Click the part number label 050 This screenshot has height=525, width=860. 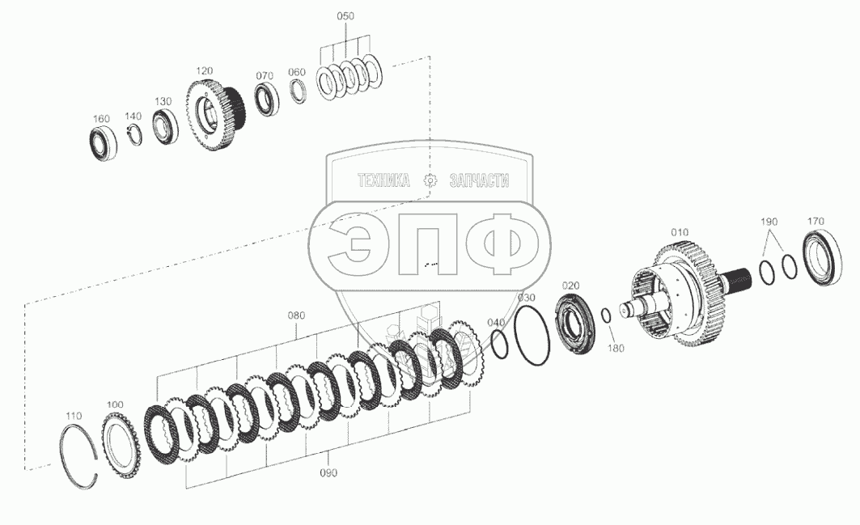pos(345,16)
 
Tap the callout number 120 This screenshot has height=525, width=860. pos(204,70)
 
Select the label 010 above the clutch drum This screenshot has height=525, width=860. pos(680,232)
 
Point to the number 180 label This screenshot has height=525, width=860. pos(616,348)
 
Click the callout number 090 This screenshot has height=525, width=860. pos(328,472)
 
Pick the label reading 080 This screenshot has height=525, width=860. pos(296,315)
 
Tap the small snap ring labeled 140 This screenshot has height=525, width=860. pos(133,136)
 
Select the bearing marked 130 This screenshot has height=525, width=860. pos(164,127)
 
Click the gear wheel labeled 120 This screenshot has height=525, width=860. pos(215,115)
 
